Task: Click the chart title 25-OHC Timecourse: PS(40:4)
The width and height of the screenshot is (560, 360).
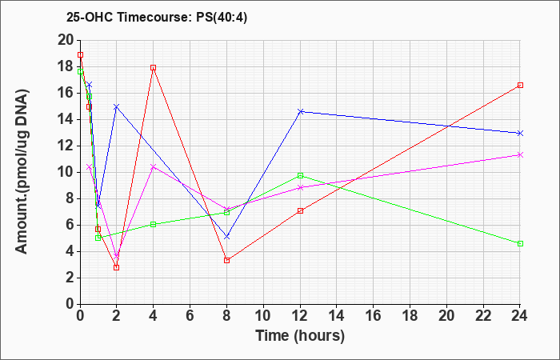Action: click(x=157, y=17)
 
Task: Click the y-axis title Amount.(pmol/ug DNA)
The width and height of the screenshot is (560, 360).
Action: click(x=22, y=171)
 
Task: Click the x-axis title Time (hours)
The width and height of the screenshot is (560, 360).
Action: click(x=300, y=336)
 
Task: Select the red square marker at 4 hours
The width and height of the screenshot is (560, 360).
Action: click(x=154, y=67)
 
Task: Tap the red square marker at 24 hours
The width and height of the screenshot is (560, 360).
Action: click(x=520, y=85)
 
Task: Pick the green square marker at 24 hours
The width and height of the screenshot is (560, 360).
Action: click(x=520, y=243)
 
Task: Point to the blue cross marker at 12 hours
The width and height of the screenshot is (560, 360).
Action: click(x=300, y=111)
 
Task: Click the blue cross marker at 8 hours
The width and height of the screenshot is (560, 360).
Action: click(x=226, y=237)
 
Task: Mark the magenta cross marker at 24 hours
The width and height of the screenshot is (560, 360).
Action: click(x=520, y=154)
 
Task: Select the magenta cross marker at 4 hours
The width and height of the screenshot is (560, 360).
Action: click(x=154, y=166)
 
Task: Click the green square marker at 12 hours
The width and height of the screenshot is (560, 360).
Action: click(x=300, y=175)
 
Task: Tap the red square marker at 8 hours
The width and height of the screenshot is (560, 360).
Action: click(x=226, y=260)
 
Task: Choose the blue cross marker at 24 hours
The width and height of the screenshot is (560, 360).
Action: click(x=520, y=133)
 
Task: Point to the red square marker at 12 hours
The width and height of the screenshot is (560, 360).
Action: click(x=300, y=210)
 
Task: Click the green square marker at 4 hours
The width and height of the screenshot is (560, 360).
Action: click(x=154, y=224)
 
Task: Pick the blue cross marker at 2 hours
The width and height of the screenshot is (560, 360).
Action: click(x=116, y=106)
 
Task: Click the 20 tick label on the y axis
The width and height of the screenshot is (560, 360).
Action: click(x=66, y=40)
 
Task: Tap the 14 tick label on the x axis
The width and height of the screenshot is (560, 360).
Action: click(x=337, y=316)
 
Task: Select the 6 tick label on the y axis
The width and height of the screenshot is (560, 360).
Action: click(x=70, y=225)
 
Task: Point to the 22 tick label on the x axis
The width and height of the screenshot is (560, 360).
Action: click(x=483, y=316)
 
